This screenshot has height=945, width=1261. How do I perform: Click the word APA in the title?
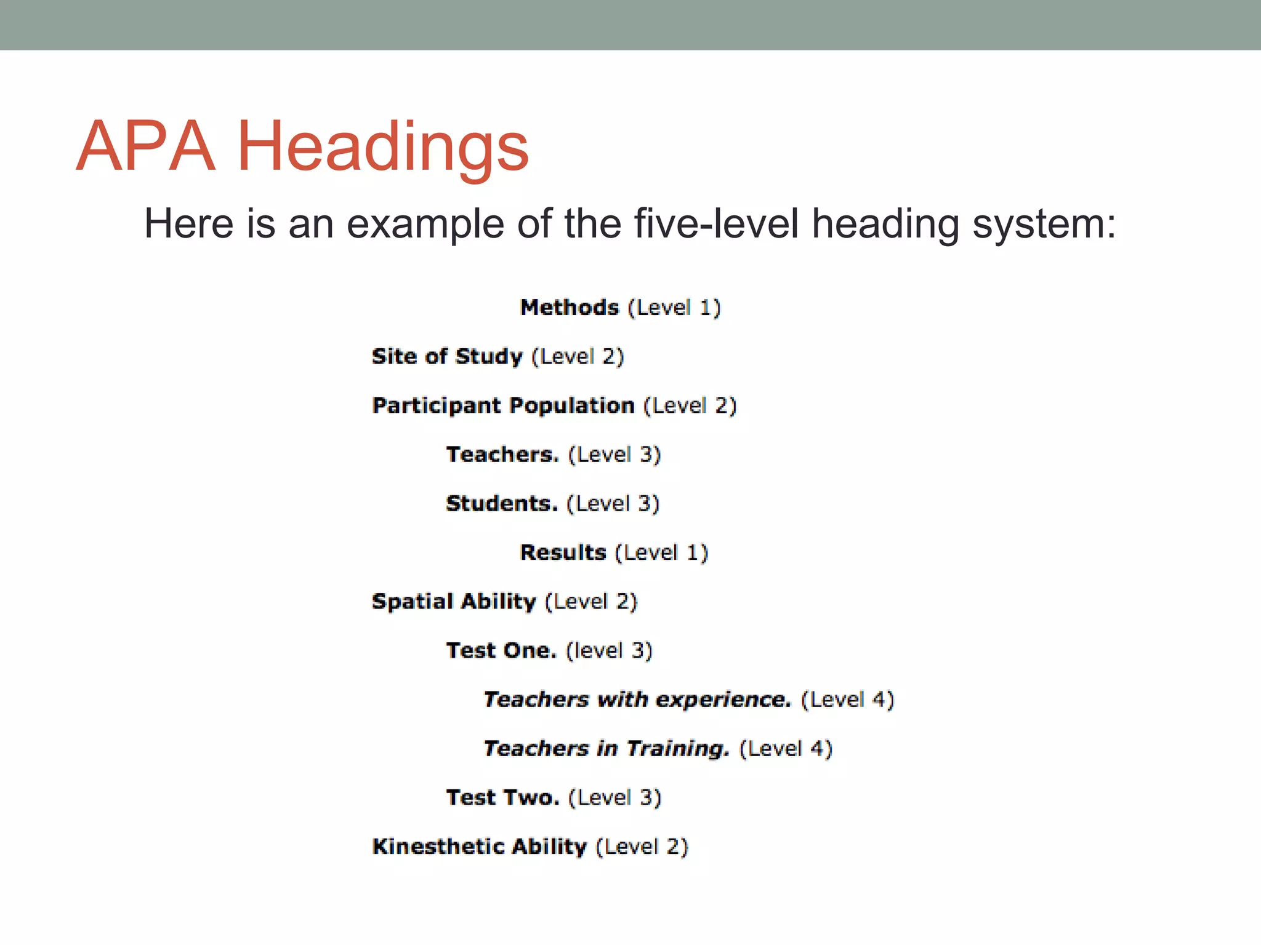[x=145, y=146]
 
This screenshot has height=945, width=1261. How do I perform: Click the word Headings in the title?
[x=382, y=148]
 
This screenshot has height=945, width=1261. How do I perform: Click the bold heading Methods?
[x=569, y=307]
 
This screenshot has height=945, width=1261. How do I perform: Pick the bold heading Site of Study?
[x=447, y=356]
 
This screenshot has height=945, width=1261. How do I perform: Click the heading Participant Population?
[x=503, y=405]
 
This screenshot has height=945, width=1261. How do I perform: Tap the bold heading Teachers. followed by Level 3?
[x=502, y=455]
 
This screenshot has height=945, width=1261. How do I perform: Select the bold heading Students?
[x=502, y=504]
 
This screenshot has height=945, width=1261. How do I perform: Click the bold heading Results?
[x=563, y=552]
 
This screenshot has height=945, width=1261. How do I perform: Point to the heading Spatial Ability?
[x=454, y=601]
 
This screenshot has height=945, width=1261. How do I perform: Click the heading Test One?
[x=501, y=650]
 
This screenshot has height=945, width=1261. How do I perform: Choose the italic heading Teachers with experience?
[x=637, y=700]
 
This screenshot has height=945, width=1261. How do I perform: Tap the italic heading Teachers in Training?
[x=606, y=749]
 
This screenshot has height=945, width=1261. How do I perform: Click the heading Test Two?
[x=502, y=797]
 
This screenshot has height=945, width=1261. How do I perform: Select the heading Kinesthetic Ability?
[x=480, y=847]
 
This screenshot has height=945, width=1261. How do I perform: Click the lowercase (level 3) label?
[x=609, y=650]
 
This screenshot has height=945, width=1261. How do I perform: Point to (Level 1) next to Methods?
[x=674, y=307]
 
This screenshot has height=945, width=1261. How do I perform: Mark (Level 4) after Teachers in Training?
[x=786, y=749]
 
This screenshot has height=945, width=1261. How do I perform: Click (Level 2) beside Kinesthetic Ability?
[x=642, y=847]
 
